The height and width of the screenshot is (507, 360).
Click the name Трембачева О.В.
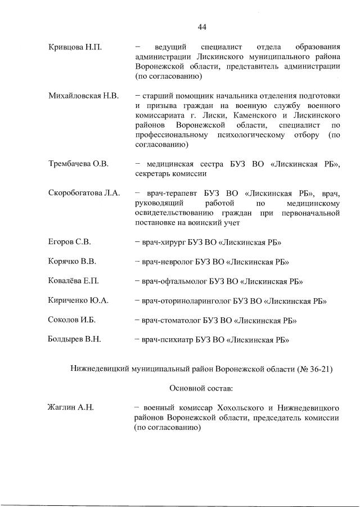point(78,164)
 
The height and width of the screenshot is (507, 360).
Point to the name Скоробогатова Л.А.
point(84,194)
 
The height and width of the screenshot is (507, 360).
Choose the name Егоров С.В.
point(70,243)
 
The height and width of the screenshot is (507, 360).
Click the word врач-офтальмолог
point(177,281)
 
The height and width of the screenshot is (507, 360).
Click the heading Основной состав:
point(201,388)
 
